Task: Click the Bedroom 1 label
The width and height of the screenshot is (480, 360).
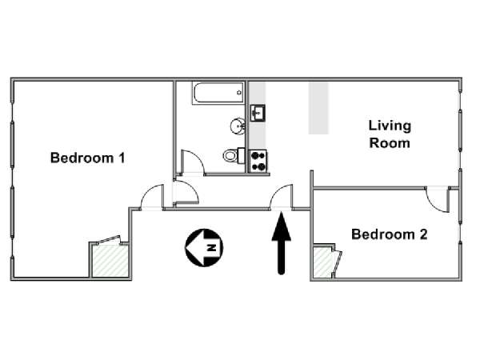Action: point(87,158)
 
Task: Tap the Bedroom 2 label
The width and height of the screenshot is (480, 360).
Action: point(389,234)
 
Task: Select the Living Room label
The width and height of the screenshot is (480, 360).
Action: point(390,134)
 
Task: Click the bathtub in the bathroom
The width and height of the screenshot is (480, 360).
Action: point(218,93)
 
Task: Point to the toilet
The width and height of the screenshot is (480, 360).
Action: point(234,155)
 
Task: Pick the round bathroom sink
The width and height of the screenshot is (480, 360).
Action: point(238,126)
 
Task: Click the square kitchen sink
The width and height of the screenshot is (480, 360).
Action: point(258,114)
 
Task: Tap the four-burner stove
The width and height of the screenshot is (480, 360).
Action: point(258,161)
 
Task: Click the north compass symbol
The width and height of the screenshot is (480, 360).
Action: point(204,248)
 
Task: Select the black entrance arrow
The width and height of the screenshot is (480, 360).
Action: point(282,243)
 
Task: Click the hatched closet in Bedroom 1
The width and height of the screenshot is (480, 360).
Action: point(110,261)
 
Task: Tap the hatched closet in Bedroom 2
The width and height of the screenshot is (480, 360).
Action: point(323,262)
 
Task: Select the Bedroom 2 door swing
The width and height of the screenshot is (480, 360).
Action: point(438,201)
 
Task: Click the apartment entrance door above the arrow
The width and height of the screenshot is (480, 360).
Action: point(281,197)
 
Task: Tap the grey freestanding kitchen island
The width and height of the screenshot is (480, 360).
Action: point(318,108)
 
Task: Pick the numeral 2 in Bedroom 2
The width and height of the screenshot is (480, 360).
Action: point(424,234)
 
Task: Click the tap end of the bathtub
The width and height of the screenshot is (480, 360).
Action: point(239,93)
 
